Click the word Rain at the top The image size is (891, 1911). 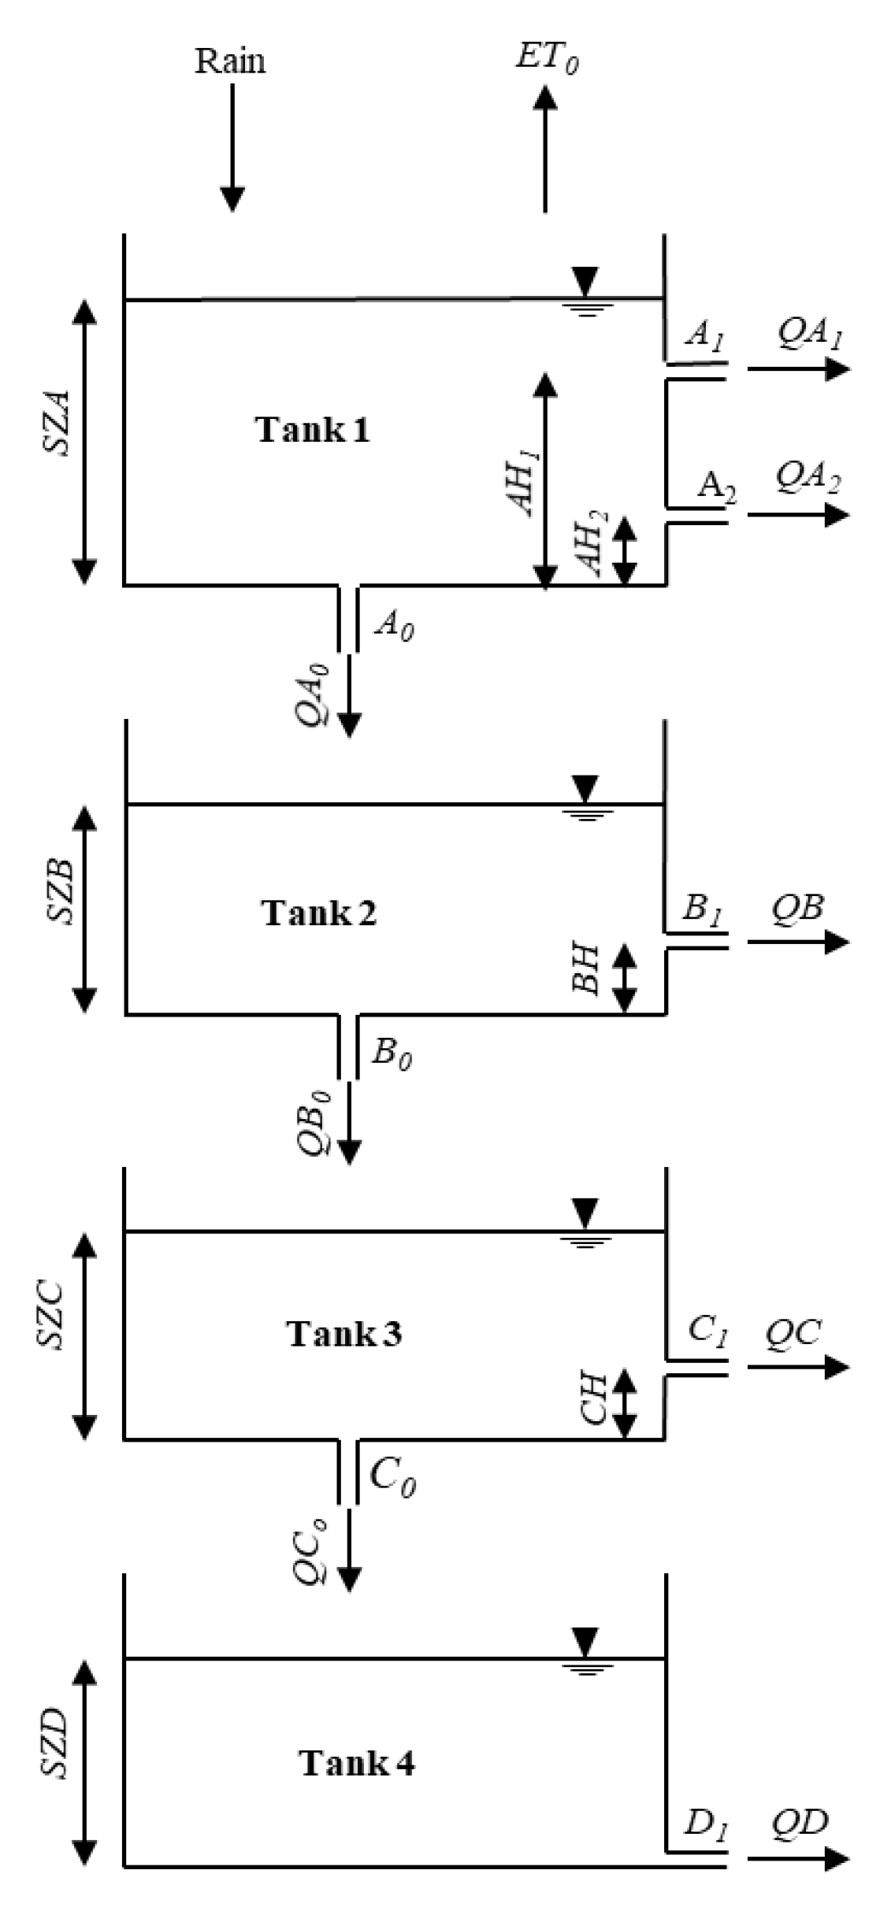click(230, 61)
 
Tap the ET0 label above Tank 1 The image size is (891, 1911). click(548, 58)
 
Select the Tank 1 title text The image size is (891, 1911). click(313, 430)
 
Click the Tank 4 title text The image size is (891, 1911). click(357, 1762)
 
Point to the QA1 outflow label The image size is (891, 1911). click(811, 335)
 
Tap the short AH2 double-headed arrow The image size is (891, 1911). click(625, 551)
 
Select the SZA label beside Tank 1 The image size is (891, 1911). click(58, 423)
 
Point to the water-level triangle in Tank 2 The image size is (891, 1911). click(585, 787)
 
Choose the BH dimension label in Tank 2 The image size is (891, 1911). click(587, 970)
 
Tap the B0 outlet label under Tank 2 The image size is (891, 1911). click(392, 1054)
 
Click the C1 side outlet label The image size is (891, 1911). click(708, 1331)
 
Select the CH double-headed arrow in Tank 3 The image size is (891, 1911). click(625, 1403)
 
